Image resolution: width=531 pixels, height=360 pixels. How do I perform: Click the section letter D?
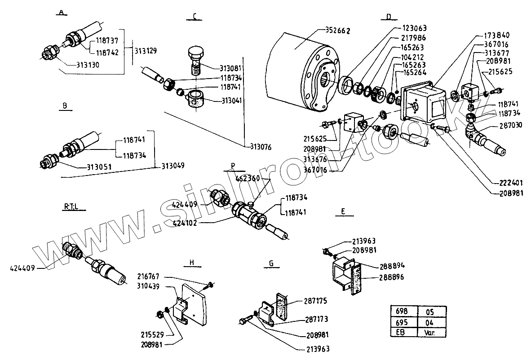click(389, 17)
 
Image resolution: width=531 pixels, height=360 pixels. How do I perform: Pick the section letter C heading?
click(194, 17)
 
